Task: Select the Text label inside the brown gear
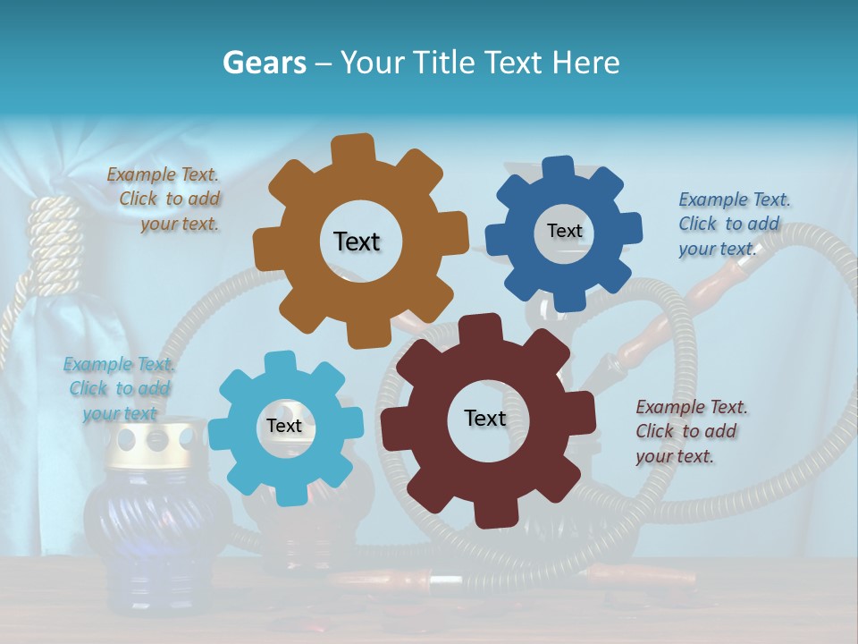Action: point(357,241)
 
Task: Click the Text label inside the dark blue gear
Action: point(564,231)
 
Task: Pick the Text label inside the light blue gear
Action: point(284,426)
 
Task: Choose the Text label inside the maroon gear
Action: point(485,418)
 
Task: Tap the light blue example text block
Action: point(120,388)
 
